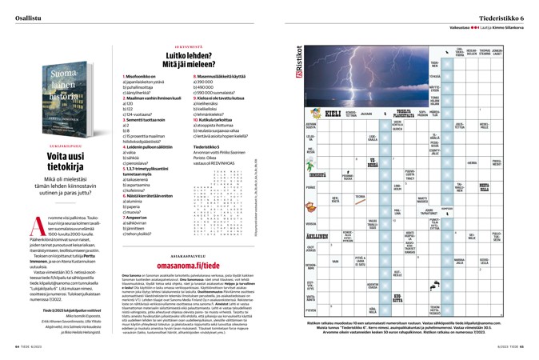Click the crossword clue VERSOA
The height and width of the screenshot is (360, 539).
pos(310,224)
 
